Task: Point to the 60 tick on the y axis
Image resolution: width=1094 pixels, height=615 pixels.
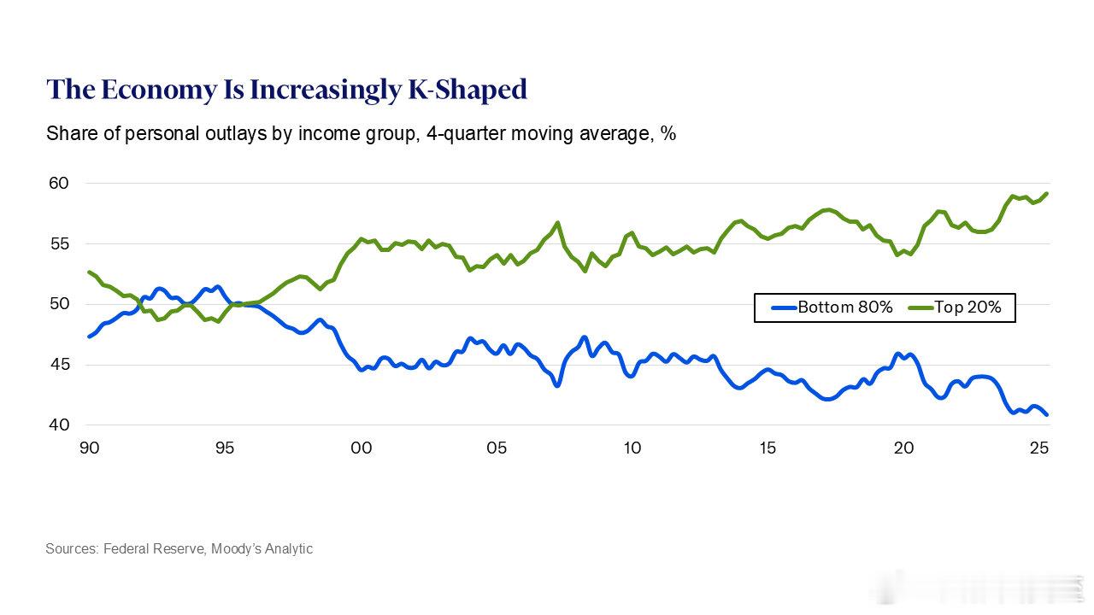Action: (x=58, y=183)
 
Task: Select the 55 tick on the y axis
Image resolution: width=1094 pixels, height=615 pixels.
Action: (x=58, y=243)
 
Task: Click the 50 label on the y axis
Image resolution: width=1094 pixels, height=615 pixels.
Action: (x=58, y=304)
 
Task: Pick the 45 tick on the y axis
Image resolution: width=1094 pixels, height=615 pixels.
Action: (x=58, y=365)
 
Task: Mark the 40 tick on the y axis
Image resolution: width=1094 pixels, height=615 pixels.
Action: (x=58, y=425)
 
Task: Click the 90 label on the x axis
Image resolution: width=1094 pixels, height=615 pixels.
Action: (x=89, y=448)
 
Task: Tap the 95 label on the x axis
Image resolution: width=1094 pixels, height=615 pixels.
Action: (x=224, y=448)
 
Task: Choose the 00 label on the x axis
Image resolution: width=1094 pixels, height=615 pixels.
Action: (x=361, y=448)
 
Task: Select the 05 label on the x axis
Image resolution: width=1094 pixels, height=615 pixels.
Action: (x=496, y=448)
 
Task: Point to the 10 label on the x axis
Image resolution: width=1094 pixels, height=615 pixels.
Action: (x=632, y=448)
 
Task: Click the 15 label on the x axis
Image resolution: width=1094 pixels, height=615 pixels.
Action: (x=767, y=448)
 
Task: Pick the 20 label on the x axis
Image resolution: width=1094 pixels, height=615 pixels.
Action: (x=903, y=448)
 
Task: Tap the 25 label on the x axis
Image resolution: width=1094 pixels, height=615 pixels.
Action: (x=1038, y=448)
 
